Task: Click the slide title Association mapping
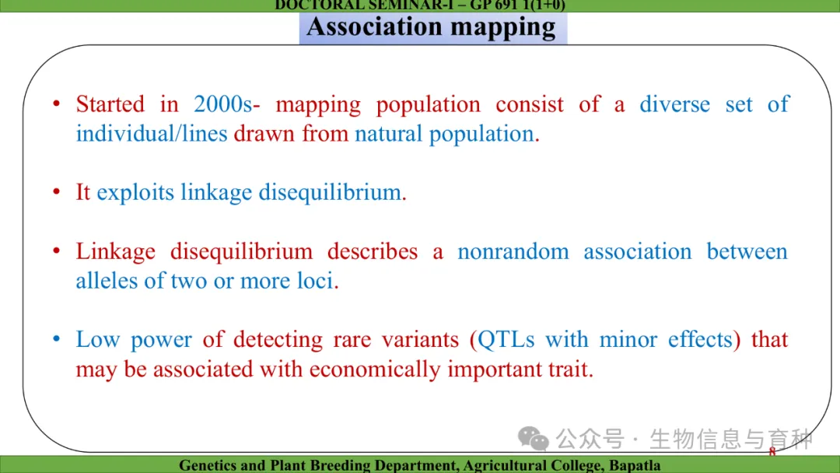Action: (431, 27)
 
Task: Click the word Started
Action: (110, 104)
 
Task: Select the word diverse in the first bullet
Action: (675, 104)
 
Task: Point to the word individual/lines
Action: (152, 133)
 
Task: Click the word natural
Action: (388, 133)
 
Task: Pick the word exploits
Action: (135, 192)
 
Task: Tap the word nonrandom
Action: (513, 251)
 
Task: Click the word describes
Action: (373, 251)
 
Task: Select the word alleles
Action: (107, 280)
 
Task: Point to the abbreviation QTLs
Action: (506, 339)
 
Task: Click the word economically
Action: (375, 369)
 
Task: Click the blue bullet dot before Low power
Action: (57, 339)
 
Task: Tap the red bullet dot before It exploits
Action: (57, 192)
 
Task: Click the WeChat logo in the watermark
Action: (533, 439)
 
